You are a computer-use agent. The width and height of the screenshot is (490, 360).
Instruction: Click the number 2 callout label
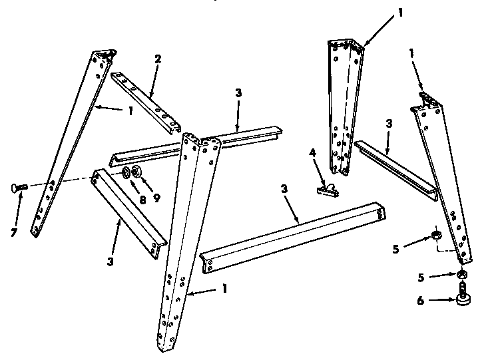pos(157,59)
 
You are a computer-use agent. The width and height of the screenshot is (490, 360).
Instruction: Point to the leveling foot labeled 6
pos(461,295)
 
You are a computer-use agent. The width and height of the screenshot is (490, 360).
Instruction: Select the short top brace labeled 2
pos(146,101)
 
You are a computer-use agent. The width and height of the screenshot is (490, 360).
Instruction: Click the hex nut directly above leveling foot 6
pos(460,274)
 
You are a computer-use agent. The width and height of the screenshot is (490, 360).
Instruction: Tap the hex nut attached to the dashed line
pos(435,234)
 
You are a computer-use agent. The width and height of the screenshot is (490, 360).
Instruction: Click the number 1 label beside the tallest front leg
pos(225,289)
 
